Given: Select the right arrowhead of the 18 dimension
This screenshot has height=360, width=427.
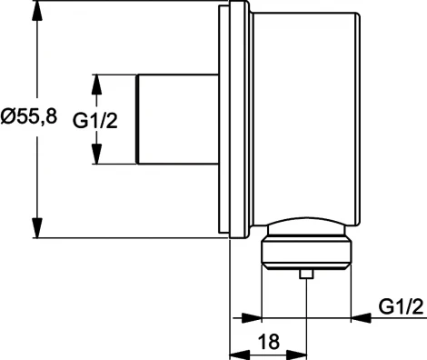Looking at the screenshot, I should (301, 352).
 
